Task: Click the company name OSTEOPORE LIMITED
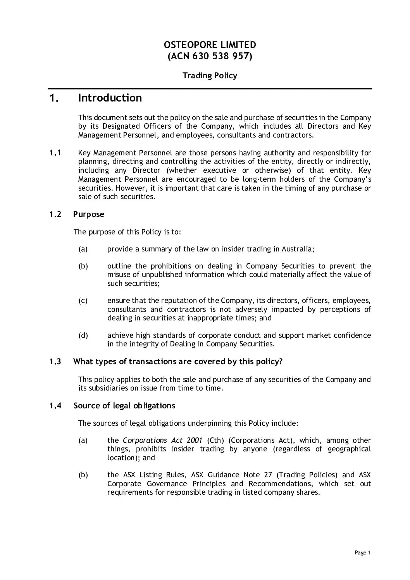click(x=210, y=45)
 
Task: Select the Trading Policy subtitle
click(x=210, y=76)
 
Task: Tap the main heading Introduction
click(x=110, y=98)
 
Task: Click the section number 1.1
click(x=55, y=153)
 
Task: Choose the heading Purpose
click(x=89, y=214)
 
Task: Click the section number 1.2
click(x=55, y=214)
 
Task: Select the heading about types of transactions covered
click(x=178, y=361)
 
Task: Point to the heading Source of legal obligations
click(x=124, y=406)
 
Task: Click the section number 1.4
click(x=55, y=406)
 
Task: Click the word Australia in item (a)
click(x=297, y=249)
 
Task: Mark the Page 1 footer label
click(x=363, y=553)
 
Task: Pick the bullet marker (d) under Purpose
click(x=83, y=336)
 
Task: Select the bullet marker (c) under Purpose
click(x=83, y=301)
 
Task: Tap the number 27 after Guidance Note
click(x=268, y=475)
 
